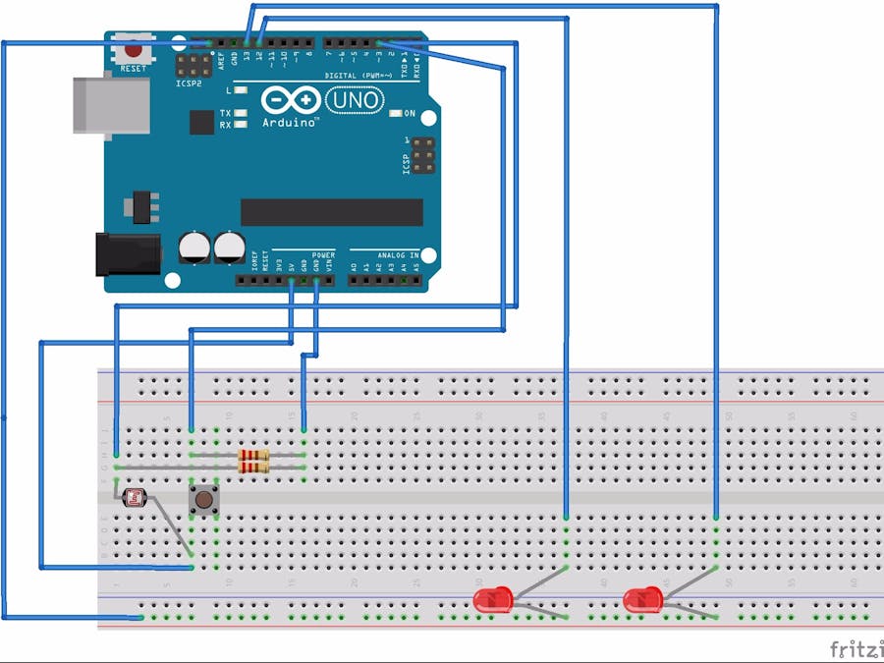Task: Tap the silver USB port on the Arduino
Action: point(111,102)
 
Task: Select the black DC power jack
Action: point(126,253)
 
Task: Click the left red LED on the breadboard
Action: point(492,599)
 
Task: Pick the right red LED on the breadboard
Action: point(641,599)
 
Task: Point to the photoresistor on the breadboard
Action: point(134,499)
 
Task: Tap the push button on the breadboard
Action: point(203,500)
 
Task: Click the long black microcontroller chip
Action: point(331,212)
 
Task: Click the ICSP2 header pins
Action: point(192,66)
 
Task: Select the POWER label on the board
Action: point(323,254)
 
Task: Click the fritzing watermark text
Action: point(856,649)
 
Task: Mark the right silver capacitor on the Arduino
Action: point(231,247)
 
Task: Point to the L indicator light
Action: point(239,90)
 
